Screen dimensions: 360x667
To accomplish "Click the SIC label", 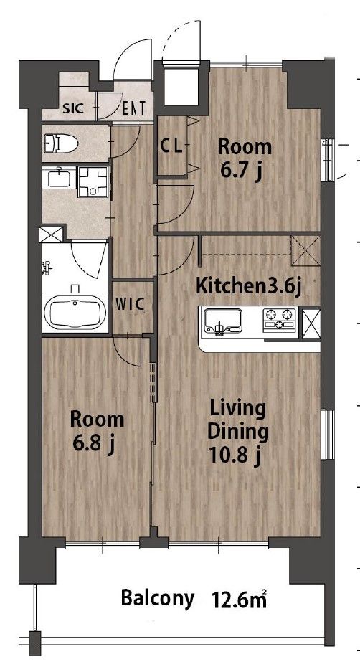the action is (72, 108).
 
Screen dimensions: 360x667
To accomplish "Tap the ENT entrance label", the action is (134, 108).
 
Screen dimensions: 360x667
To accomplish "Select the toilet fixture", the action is (60, 143).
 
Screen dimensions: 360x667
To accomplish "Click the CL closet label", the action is (172, 146).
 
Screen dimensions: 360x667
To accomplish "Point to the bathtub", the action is (75, 312).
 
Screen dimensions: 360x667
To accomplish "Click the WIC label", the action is (131, 304).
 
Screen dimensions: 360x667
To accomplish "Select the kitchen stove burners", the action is (280, 319).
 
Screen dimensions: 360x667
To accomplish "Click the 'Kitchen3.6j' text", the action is (249, 285).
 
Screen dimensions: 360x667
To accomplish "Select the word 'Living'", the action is (239, 410).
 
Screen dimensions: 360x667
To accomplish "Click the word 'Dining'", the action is (237, 433).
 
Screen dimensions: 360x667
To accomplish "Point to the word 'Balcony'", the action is (158, 599).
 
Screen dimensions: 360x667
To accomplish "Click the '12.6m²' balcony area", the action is (240, 600).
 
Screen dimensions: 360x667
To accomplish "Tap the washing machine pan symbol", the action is (93, 181).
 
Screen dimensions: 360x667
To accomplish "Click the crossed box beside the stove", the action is (311, 324).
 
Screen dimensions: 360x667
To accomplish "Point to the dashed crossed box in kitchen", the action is (305, 250).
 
